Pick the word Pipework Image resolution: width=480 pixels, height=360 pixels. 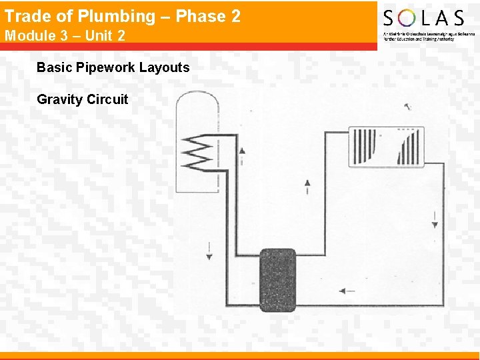point(107,67)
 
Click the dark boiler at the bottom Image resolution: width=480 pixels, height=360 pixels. point(277,280)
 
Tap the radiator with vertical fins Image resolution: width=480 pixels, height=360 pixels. point(385,147)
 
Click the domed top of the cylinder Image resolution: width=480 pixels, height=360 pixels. point(197,103)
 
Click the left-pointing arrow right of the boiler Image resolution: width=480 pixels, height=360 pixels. point(347,291)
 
